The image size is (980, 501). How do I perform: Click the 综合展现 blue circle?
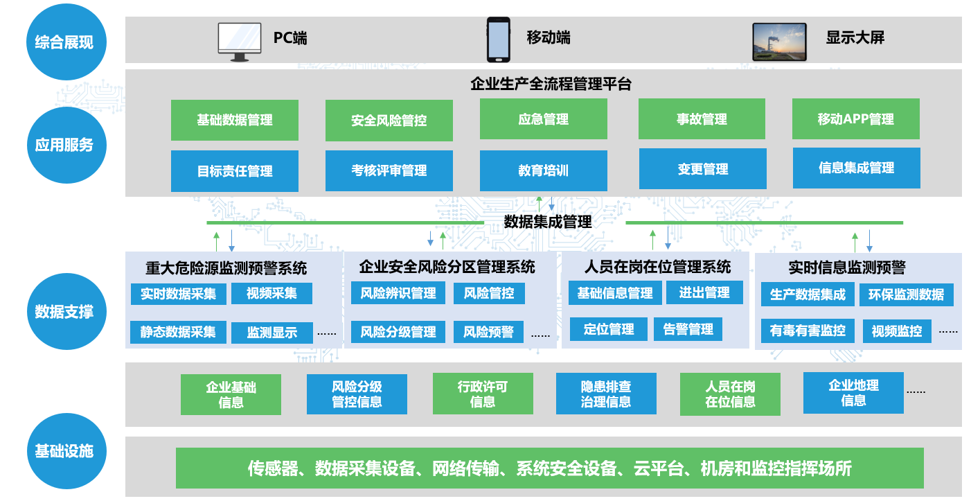[64, 42]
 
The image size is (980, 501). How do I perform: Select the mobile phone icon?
[498, 39]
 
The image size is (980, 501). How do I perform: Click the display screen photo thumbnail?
[779, 41]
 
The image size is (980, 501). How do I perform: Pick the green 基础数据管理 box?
[235, 120]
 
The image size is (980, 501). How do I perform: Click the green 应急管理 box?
[543, 119]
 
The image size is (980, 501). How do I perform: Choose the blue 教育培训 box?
[543, 170]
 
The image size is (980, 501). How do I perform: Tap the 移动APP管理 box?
[855, 119]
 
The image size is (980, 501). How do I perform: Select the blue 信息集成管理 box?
[856, 168]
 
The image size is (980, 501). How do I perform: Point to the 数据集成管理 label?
[548, 222]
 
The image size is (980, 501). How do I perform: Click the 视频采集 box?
[271, 293]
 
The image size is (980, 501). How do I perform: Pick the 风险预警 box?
[488, 332]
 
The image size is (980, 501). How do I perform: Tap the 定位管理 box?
[609, 329]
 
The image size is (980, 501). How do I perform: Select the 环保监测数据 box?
[906, 295]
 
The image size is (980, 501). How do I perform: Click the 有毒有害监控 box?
[808, 331]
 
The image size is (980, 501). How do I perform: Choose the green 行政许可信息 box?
[483, 394]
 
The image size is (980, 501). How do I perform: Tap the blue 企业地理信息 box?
[853, 393]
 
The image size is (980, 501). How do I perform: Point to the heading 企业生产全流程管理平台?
[551, 84]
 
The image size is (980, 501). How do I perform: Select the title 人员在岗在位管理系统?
[657, 267]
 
